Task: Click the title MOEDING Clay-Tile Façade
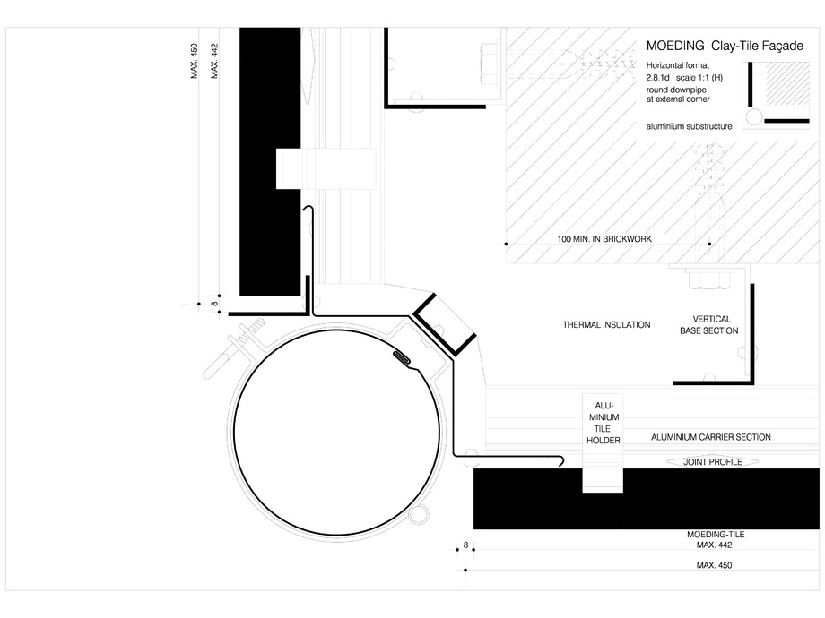pos(714,46)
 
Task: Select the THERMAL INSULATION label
pos(606,324)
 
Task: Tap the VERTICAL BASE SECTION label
pos(716,324)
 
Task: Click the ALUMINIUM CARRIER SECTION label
pos(710,437)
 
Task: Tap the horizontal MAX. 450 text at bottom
pos(715,565)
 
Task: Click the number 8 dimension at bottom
pos(465,545)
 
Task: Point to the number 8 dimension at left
pos(215,305)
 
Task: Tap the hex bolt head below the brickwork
pos(708,280)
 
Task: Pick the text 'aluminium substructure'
pos(689,127)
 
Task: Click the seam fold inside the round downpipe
pos(402,359)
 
